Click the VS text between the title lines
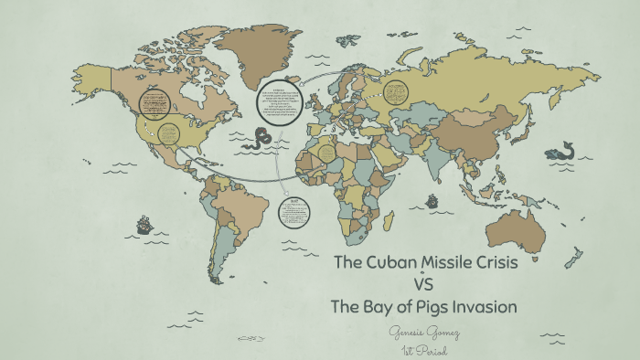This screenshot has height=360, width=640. click(423, 284)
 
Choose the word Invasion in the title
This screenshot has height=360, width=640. click(481, 306)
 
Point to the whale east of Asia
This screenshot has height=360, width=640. click(559, 151)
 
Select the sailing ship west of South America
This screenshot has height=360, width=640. click(144, 223)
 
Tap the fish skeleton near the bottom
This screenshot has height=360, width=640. click(252, 338)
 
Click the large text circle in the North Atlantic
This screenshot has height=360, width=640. click(279, 103)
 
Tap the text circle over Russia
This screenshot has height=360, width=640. click(395, 91)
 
